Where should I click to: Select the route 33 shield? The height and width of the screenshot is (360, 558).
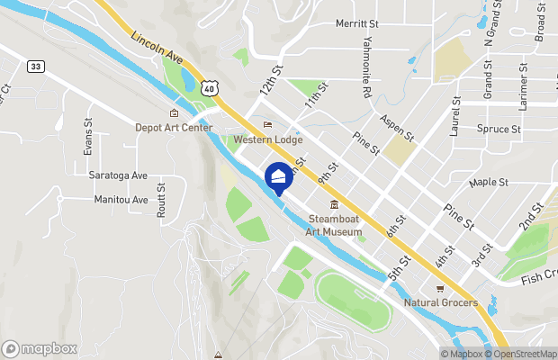point(36,66)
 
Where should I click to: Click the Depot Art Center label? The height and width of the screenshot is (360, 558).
point(174,128)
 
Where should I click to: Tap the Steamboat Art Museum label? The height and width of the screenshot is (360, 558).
point(335,225)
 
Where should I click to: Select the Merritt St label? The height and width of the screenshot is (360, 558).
point(358,24)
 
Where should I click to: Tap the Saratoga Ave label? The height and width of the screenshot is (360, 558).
point(118,175)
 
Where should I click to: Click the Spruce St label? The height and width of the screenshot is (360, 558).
point(499,129)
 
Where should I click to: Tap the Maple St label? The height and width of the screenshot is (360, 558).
point(489,182)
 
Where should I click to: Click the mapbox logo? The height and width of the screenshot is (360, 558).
point(40,348)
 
